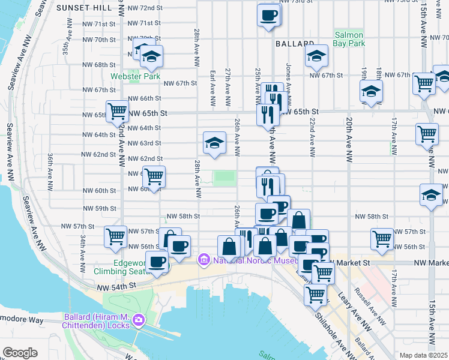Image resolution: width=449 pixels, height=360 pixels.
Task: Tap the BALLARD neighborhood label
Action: [295, 44]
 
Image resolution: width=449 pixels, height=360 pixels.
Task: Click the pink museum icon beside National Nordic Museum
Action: [204, 260]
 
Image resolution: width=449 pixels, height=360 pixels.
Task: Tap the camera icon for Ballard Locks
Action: [139, 320]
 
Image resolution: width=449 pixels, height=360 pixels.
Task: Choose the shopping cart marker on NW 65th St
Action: [117, 110]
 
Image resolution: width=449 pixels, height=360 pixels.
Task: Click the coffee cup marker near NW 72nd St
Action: [269, 14]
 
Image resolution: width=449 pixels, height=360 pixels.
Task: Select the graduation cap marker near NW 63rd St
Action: [214, 143]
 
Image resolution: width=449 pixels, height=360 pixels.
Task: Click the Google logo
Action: [20, 353]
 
